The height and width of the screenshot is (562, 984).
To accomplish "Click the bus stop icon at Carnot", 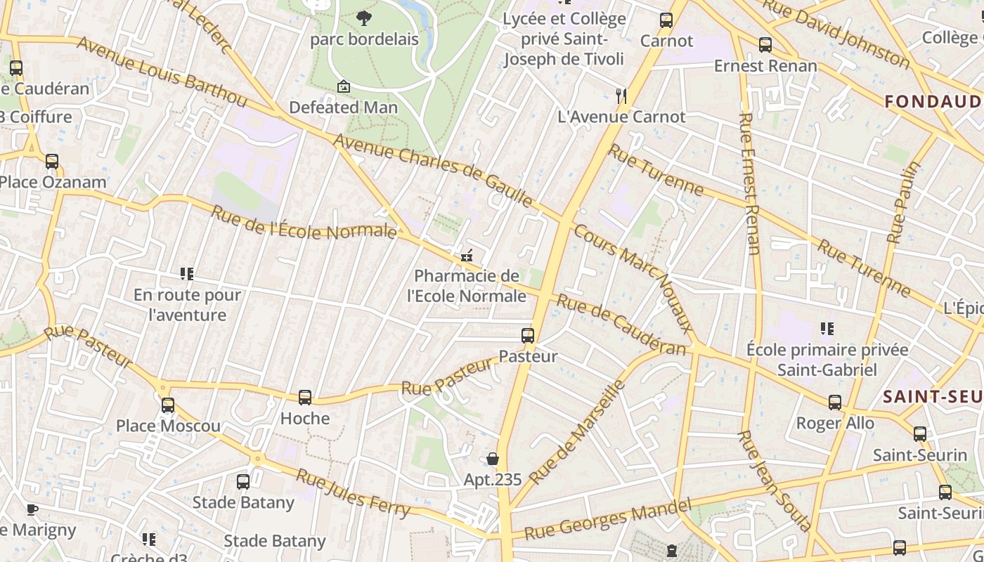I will pyautogui.click(x=666, y=20).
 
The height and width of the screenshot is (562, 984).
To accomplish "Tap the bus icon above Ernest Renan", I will pyautogui.click(x=765, y=45).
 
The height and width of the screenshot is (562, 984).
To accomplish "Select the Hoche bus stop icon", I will pyautogui.click(x=305, y=398).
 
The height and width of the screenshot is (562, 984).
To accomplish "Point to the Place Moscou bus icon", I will pyautogui.click(x=168, y=405).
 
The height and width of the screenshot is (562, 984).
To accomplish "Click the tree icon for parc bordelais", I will pyautogui.click(x=363, y=18).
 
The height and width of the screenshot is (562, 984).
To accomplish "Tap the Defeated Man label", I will pyautogui.click(x=344, y=107).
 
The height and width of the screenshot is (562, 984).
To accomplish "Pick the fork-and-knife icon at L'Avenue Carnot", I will pyautogui.click(x=621, y=96).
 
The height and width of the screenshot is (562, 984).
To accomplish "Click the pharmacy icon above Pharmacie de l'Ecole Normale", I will pyautogui.click(x=466, y=256).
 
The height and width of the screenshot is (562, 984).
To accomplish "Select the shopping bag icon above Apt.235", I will pyautogui.click(x=493, y=459).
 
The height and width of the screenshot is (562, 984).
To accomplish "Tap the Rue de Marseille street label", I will pyautogui.click(x=577, y=432).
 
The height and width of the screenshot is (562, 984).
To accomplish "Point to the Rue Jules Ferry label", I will pyautogui.click(x=353, y=493).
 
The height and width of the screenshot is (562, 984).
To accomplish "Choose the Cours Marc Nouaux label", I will pyautogui.click(x=633, y=278).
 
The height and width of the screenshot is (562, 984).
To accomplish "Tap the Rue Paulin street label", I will pyautogui.click(x=904, y=202).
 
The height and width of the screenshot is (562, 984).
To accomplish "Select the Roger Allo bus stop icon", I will pyautogui.click(x=835, y=403).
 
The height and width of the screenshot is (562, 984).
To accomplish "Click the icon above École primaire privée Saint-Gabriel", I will pyautogui.click(x=827, y=328).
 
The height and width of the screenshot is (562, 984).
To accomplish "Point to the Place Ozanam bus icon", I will pyautogui.click(x=52, y=162).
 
